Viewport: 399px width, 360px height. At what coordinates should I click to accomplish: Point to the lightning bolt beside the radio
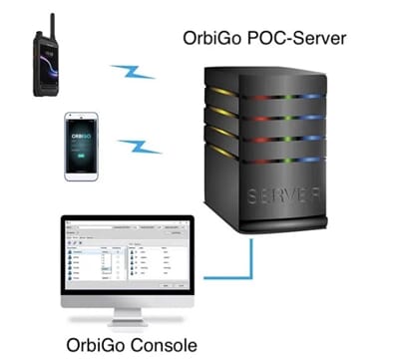[132, 72]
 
